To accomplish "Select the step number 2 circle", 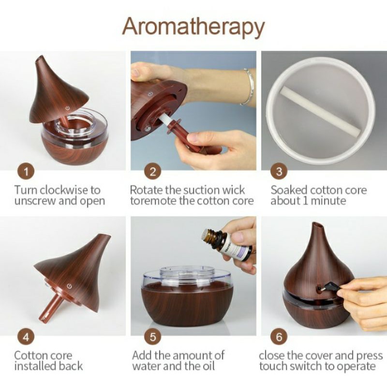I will click(x=153, y=172).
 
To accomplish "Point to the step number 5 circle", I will click(x=153, y=337).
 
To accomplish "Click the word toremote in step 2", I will click(x=154, y=201).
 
